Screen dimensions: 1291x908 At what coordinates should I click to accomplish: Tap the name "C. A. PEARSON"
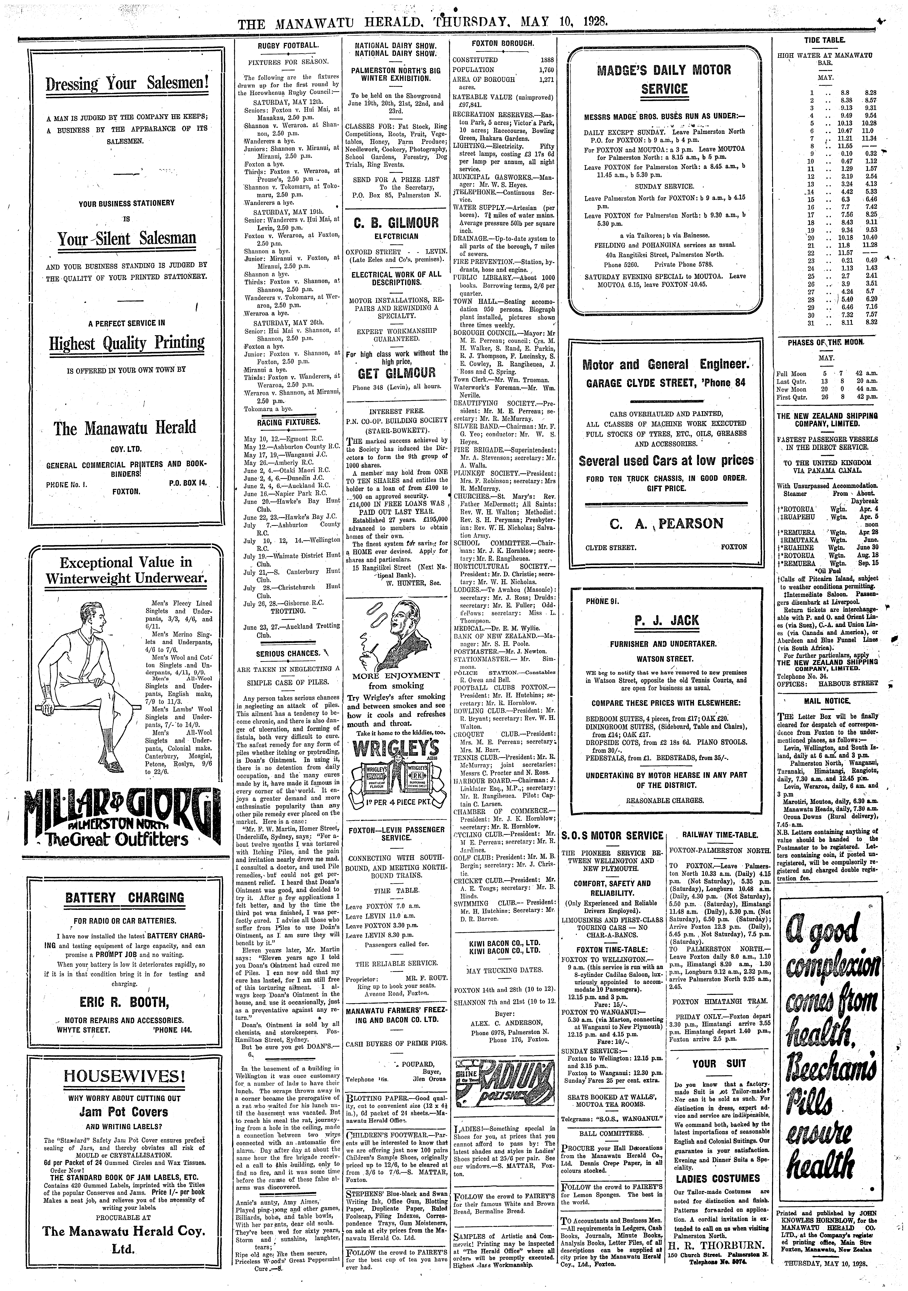[666, 524]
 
